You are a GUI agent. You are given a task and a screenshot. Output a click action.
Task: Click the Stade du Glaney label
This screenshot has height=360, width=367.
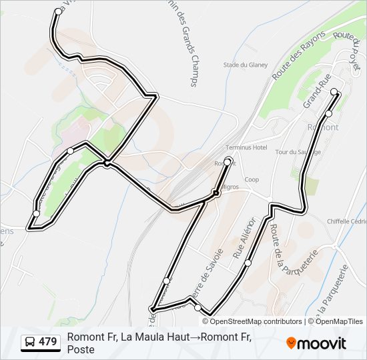click(245, 65)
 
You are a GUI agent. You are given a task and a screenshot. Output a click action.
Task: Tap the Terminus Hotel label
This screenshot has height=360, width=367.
click(246, 147)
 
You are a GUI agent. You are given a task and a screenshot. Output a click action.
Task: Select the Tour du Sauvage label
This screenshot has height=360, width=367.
click(298, 152)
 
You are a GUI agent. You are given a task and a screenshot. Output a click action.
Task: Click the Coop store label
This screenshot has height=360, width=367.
click(252, 179)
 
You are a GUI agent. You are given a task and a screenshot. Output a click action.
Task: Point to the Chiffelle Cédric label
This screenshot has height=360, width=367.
click(346, 222)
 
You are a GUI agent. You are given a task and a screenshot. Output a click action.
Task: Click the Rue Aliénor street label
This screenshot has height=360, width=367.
click(244, 237)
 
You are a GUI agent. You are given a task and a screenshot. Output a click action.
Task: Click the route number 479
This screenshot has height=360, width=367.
click(48, 342)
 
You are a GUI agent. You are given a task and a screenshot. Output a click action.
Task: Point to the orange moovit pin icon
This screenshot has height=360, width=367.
click(291, 343)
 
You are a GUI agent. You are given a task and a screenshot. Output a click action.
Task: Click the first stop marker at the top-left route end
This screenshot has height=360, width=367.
click(59, 11)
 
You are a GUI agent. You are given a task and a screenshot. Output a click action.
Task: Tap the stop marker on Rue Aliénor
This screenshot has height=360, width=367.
click(248, 263)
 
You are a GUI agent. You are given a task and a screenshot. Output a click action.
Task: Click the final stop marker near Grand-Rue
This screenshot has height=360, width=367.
click(334, 93)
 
